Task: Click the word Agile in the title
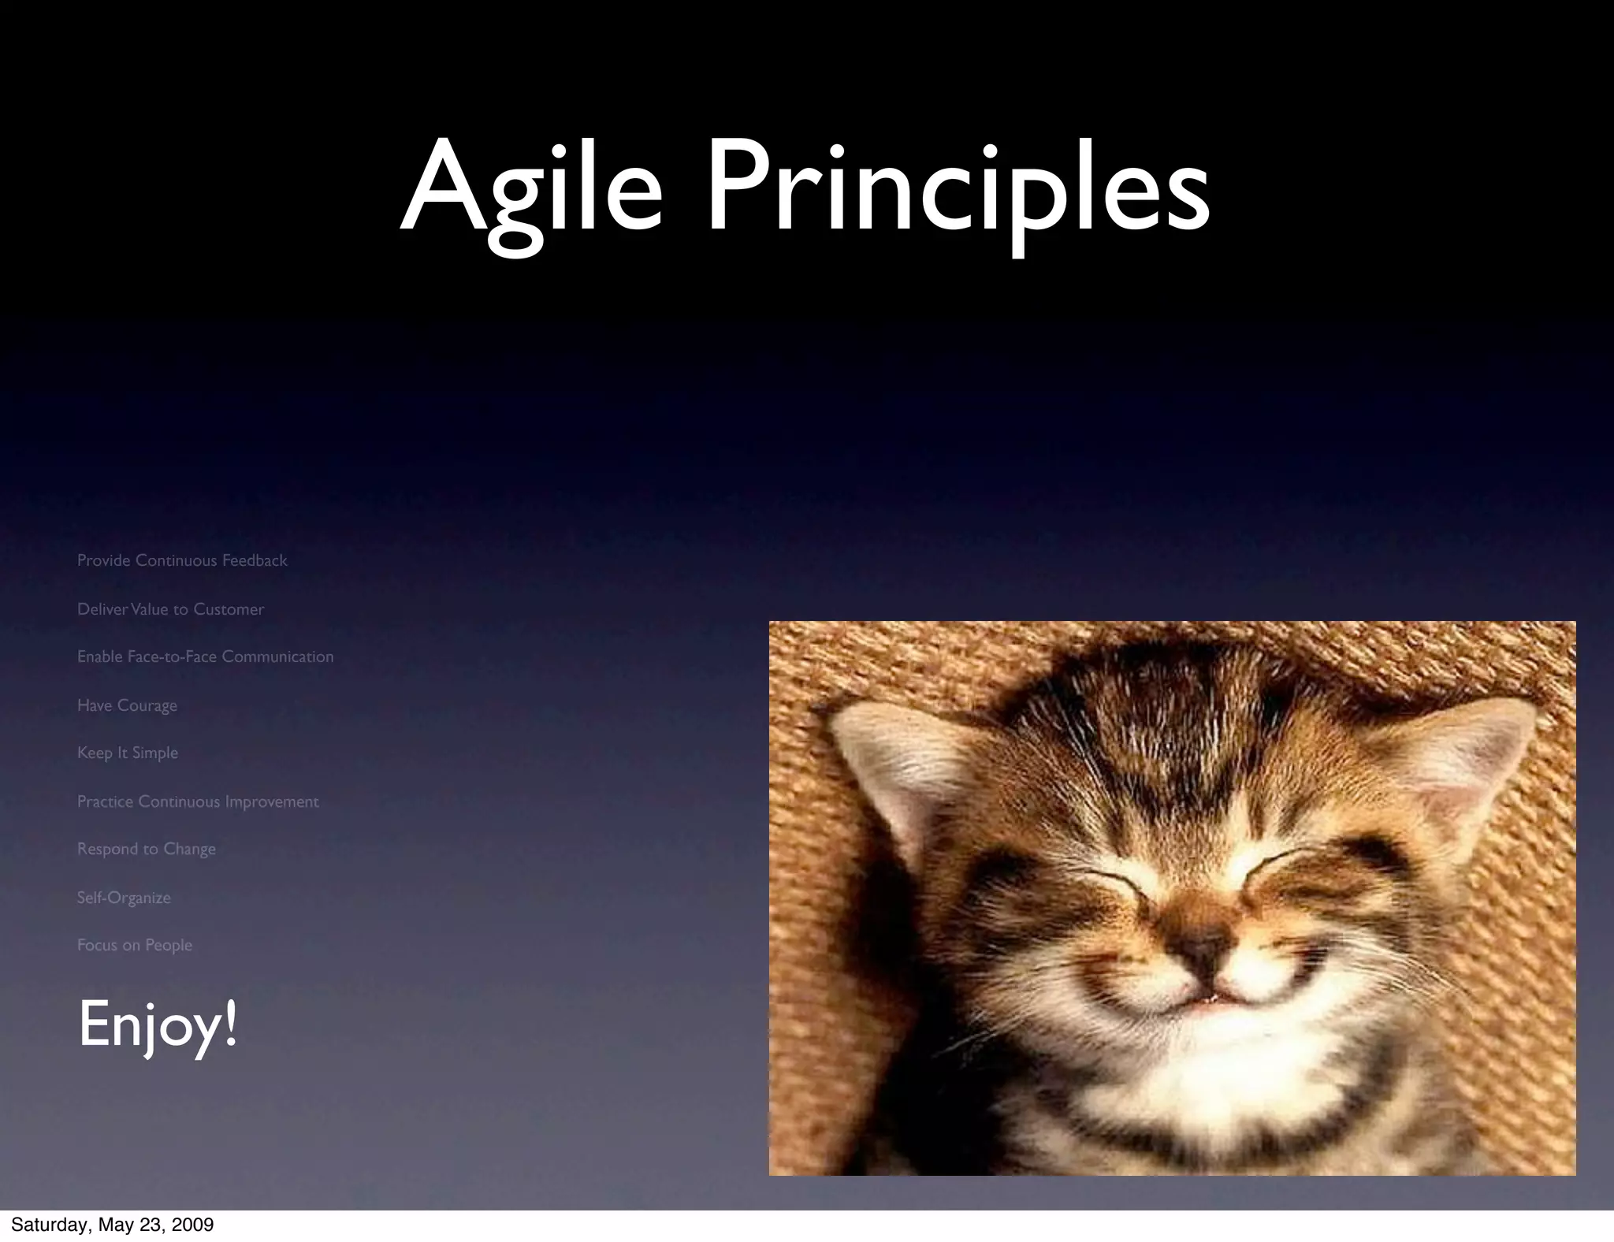(531, 189)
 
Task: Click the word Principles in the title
(958, 189)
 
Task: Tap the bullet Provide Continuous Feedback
(182, 560)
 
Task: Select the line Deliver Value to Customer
(170, 609)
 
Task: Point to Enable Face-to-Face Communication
(205, 656)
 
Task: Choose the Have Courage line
(127, 705)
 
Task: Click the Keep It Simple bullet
(128, 753)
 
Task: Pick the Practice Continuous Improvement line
(198, 801)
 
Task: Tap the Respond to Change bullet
(147, 849)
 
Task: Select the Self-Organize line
(124, 898)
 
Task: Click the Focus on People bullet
(135, 945)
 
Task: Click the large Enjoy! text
(158, 1024)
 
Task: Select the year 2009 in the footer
(194, 1225)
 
